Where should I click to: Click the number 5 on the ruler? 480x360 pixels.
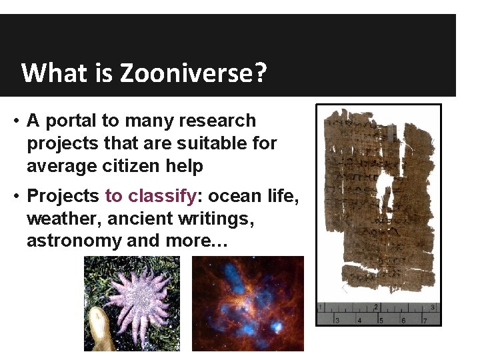(381, 320)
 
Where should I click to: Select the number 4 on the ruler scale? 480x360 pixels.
(359, 320)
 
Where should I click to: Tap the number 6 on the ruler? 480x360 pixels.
(402, 320)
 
